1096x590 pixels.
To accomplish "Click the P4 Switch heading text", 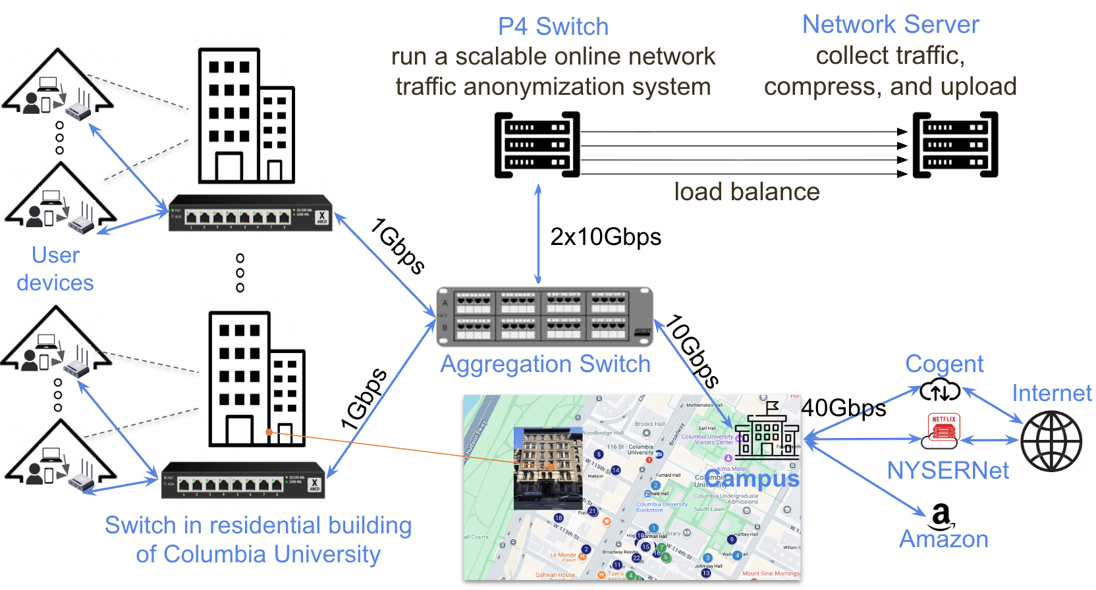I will tap(553, 27).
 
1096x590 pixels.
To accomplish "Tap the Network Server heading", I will tap(890, 25).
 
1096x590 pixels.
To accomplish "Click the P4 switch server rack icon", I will tap(537, 145).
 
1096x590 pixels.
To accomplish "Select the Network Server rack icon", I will tap(955, 145).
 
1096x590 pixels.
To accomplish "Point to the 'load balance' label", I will tap(747, 192).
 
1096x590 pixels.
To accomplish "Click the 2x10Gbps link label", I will tap(605, 237).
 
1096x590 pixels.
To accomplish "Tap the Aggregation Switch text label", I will tap(545, 364).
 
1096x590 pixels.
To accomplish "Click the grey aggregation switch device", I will tap(545, 317).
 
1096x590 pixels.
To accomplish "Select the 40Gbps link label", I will tap(843, 408).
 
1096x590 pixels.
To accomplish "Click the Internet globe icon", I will tap(1051, 441).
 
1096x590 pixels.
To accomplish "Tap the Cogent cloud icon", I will tap(940, 390).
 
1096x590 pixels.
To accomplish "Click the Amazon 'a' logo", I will tap(942, 516).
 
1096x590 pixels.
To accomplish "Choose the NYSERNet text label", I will tap(948, 471).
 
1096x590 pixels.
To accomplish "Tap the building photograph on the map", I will tap(548, 468).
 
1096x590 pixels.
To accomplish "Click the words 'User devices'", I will tap(55, 269).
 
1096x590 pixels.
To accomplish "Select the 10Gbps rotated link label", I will tap(692, 351).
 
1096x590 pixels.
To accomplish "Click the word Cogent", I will tap(944, 364).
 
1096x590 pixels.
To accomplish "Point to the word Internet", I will tap(1052, 394).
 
